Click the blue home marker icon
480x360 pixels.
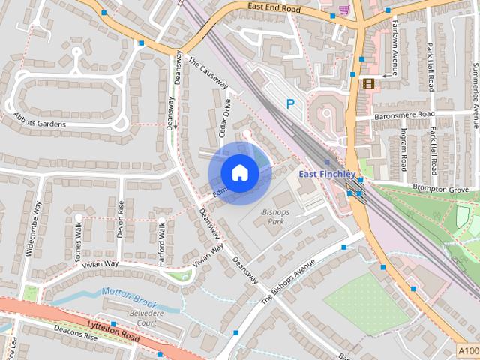pyautogui.click(x=239, y=172)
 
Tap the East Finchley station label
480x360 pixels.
pyautogui.click(x=326, y=174)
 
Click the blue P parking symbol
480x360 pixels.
pyautogui.click(x=290, y=104)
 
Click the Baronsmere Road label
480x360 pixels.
pyautogui.click(x=405, y=114)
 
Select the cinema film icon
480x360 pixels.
pyautogui.click(x=368, y=83)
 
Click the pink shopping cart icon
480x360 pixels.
pyautogui.click(x=344, y=10)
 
